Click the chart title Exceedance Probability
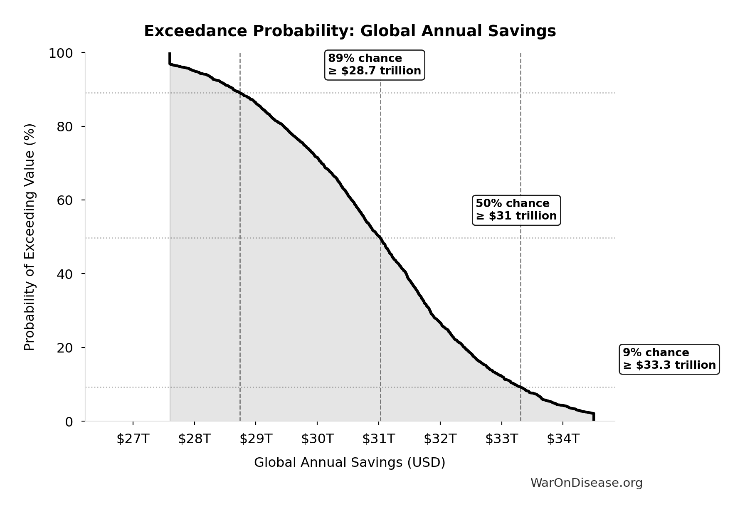(x=350, y=31)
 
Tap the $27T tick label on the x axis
(x=133, y=439)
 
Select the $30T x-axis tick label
(x=317, y=439)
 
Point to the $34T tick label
(x=563, y=439)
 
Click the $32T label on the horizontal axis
(x=440, y=439)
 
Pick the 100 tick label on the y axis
(x=61, y=53)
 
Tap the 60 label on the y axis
(x=65, y=200)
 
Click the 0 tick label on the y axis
(x=69, y=422)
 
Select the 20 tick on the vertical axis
(x=65, y=348)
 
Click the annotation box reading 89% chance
(x=374, y=65)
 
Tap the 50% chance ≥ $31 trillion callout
(x=516, y=210)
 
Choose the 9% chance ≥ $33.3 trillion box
(x=669, y=359)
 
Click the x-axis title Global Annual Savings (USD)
(x=350, y=462)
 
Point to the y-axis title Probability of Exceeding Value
(x=30, y=237)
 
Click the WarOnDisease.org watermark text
(x=586, y=483)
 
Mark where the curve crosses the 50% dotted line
(x=380, y=238)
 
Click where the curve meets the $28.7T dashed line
(x=240, y=93)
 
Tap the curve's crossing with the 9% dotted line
(x=520, y=387)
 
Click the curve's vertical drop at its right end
(x=594, y=417)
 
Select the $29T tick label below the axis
(x=256, y=439)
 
